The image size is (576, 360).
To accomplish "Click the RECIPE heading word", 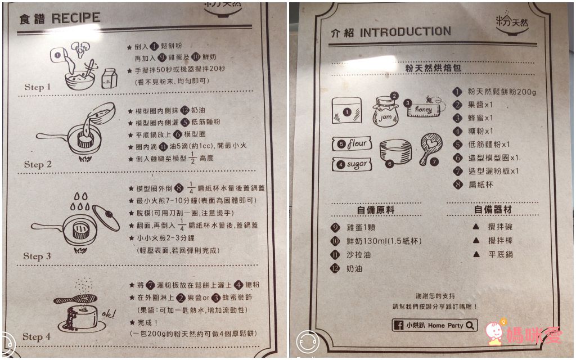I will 76,18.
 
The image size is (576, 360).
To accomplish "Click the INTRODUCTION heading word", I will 405,32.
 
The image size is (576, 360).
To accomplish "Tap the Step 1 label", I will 38,87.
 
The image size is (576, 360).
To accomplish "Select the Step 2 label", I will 38,165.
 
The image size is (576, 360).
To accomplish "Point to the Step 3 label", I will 37,256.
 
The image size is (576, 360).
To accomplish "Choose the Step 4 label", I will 37,337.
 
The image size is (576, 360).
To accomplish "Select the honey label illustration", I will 425,107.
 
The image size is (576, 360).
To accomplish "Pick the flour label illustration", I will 352,144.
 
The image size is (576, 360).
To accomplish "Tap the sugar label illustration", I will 353,164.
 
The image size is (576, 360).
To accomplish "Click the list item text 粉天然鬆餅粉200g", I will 502,92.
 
